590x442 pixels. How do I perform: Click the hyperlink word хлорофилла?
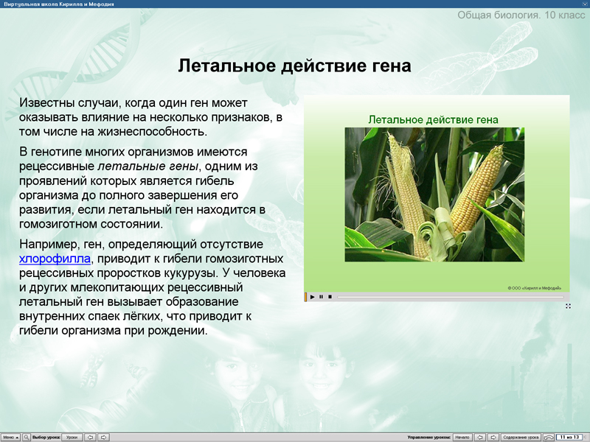[x=55, y=258]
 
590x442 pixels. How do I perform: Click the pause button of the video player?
[x=321, y=296]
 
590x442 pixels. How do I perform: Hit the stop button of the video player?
[x=330, y=296]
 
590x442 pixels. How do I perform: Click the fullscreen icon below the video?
[x=568, y=305]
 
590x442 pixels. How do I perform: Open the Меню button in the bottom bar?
[x=10, y=437]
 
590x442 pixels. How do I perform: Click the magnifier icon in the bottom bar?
[x=27, y=437]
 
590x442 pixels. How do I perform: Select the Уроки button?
[x=72, y=437]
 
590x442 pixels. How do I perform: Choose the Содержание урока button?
[x=521, y=437]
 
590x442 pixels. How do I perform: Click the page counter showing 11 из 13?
[x=569, y=437]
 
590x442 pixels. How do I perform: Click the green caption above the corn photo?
[x=434, y=119]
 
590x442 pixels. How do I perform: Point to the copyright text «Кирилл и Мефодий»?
[x=535, y=287]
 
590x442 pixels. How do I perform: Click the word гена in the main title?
[x=388, y=66]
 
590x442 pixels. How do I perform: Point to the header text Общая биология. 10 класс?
[x=521, y=15]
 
